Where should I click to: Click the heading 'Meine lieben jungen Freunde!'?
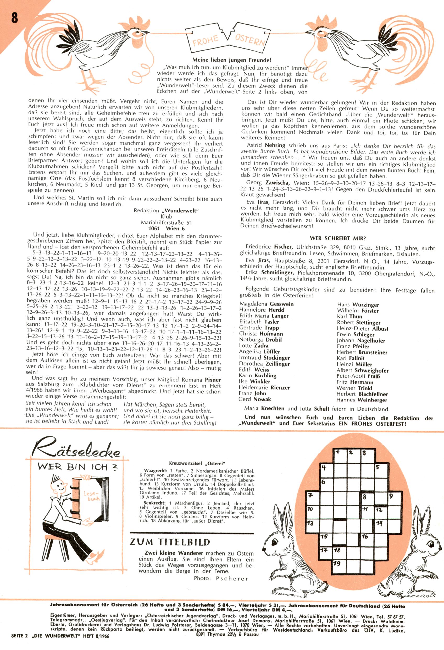tap(232, 60)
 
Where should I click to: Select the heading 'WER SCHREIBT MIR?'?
tap(337, 238)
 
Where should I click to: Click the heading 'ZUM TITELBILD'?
tap(170, 542)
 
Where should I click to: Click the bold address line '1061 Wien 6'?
tap(166, 228)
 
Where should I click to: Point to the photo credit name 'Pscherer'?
tap(232, 578)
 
